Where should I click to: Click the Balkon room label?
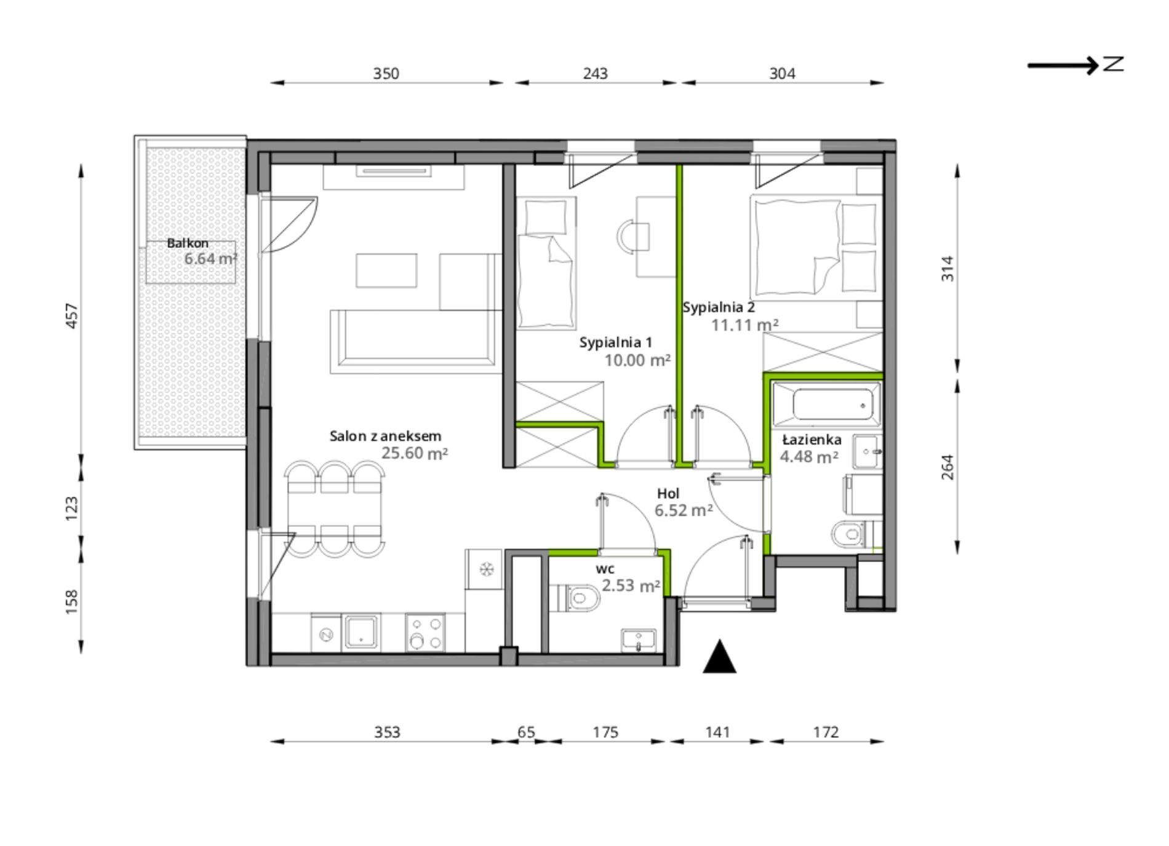click(x=188, y=243)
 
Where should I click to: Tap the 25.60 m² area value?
click(x=415, y=453)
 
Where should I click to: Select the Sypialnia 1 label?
click(x=615, y=342)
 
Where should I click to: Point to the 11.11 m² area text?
click(x=745, y=325)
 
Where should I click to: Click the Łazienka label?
click(x=812, y=440)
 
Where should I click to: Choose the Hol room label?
click(x=668, y=493)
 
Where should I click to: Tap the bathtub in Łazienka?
click(x=827, y=405)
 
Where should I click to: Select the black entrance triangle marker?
click(x=719, y=657)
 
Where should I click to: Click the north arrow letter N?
click(x=1113, y=64)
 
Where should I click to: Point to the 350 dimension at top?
click(x=386, y=74)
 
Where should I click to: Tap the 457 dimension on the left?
click(x=72, y=315)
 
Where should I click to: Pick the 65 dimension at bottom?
click(x=526, y=732)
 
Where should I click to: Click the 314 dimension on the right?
click(x=948, y=269)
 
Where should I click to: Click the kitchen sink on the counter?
click(x=362, y=631)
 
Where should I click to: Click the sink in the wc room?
click(x=640, y=639)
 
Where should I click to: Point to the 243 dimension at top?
click(x=595, y=74)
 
